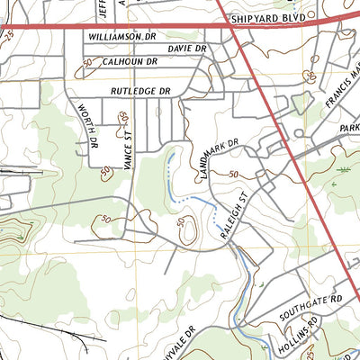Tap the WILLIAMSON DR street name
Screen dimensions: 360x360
pyautogui.click(x=122, y=36)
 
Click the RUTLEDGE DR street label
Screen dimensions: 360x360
pyautogui.click(x=140, y=92)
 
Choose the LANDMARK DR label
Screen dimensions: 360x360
pyautogui.click(x=219, y=157)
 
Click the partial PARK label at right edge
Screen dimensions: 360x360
pyautogui.click(x=349, y=129)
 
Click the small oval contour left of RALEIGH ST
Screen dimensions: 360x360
pyautogui.click(x=188, y=232)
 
